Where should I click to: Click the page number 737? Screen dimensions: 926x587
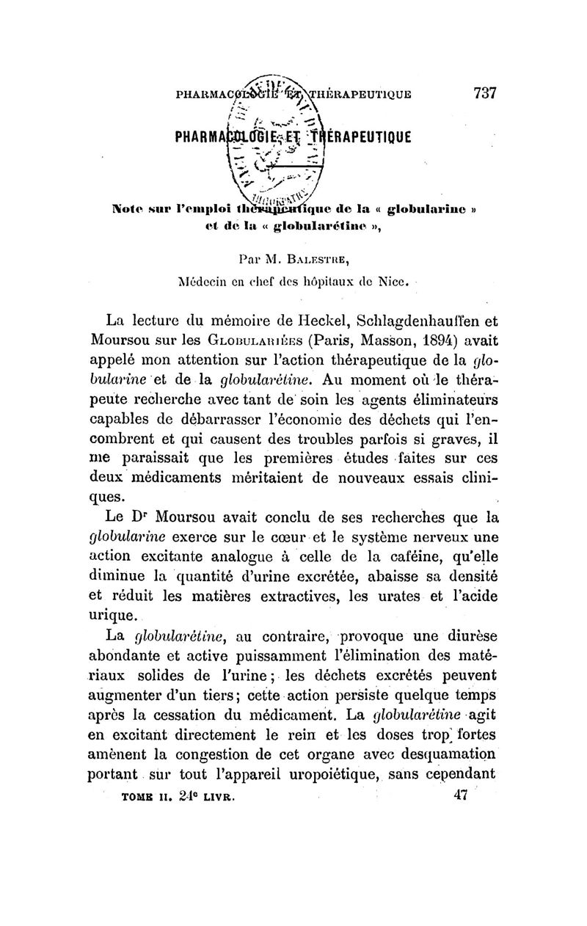pos(485,93)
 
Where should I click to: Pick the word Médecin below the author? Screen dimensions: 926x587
pos(207,280)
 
